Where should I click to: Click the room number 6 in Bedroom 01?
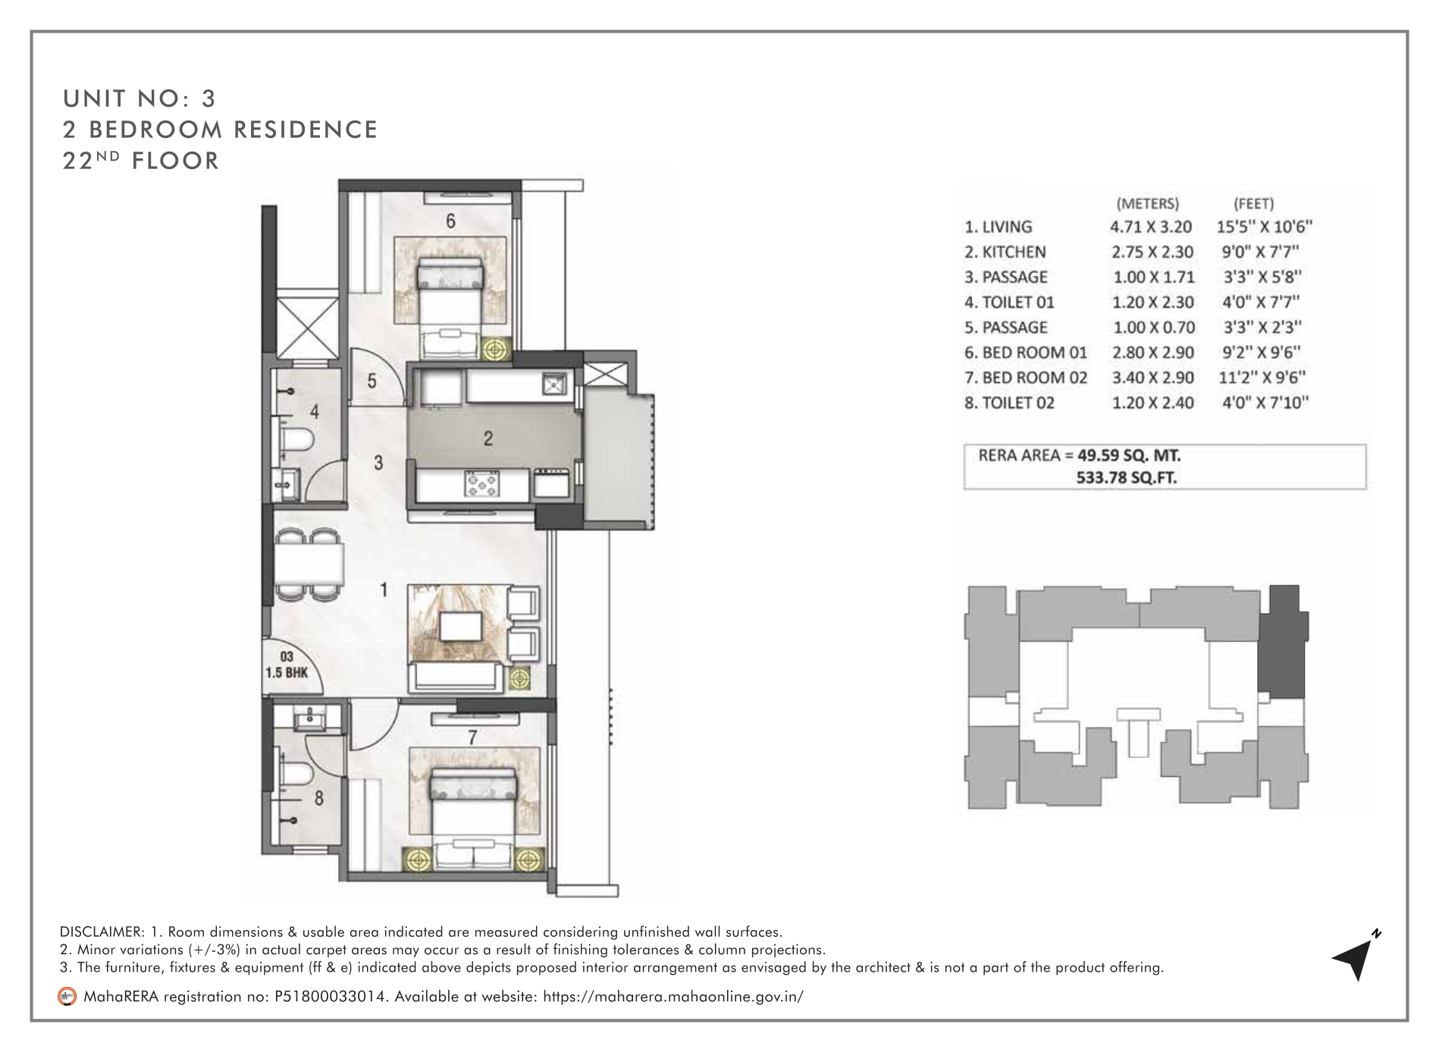[x=450, y=221]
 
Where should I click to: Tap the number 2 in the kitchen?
[x=488, y=438]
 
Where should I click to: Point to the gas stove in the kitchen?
[x=483, y=484]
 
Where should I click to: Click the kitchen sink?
[x=554, y=385]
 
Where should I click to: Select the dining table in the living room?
[x=309, y=563]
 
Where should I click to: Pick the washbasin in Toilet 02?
[x=309, y=716]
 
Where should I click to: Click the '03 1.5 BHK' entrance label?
[x=287, y=665]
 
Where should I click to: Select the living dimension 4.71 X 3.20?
[x=1151, y=227]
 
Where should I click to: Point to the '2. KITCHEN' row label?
[x=1005, y=252]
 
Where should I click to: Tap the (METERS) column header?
[x=1148, y=203]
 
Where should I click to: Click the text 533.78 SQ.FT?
[x=1127, y=477]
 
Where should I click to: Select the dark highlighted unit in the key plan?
[x=1282, y=641]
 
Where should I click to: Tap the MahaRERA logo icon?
[x=67, y=996]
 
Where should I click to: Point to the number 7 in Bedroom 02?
[x=472, y=736]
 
